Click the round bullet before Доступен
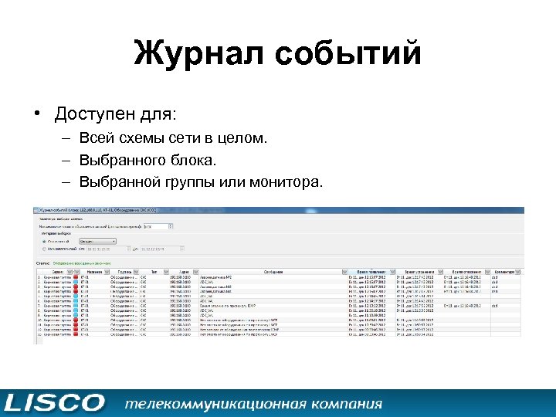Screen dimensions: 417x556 pos(36,115)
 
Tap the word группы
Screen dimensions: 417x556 pos(189,182)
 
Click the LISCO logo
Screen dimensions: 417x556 pos(54,402)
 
